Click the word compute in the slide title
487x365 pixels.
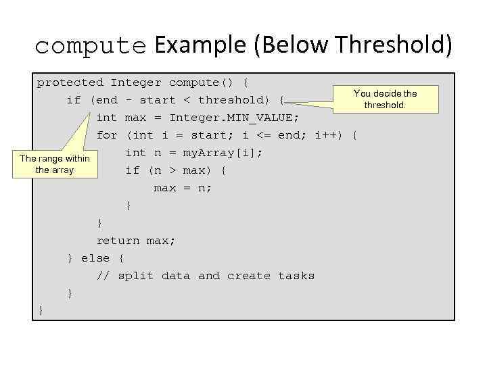click(91, 47)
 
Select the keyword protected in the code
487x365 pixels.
click(70, 82)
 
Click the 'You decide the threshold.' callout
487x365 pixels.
click(385, 99)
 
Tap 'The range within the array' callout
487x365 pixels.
click(54, 164)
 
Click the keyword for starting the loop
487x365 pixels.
click(107, 135)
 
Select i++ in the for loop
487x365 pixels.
click(330, 135)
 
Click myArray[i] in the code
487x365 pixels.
click(219, 153)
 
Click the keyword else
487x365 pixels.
click(95, 258)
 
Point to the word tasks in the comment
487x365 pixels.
click(296, 276)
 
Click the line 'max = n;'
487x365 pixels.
click(183, 188)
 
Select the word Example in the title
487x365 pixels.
click(200, 45)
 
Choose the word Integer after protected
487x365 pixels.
click(136, 82)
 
